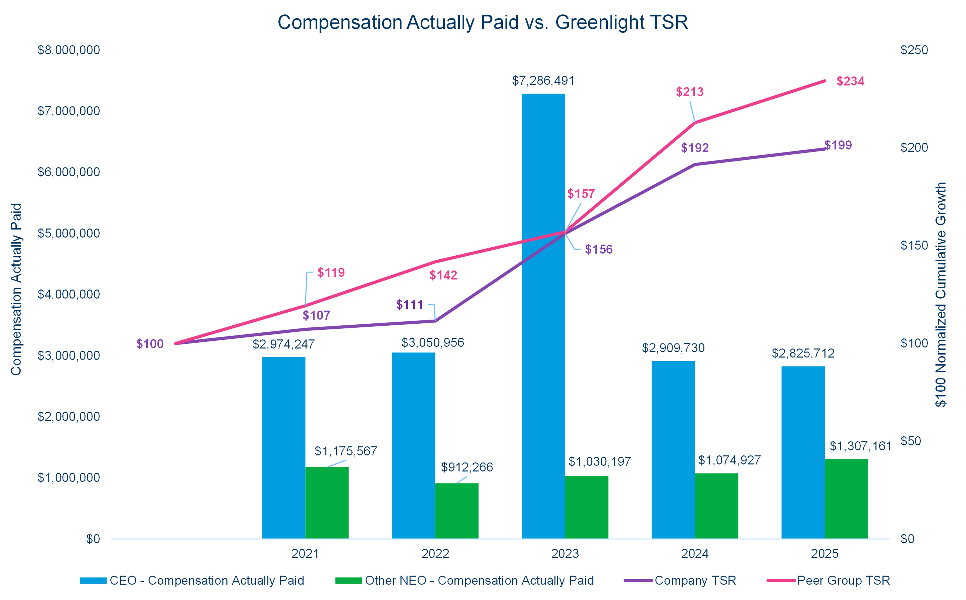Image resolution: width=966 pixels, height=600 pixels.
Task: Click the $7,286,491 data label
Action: point(543,81)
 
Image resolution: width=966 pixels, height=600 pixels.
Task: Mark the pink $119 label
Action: point(331,273)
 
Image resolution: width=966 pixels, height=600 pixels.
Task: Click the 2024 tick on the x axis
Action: point(695,554)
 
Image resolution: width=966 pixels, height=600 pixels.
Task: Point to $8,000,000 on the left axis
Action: point(69,50)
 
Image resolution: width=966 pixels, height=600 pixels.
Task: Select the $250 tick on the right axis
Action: point(914,50)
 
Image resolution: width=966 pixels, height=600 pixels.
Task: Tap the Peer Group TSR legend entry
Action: point(843,581)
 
